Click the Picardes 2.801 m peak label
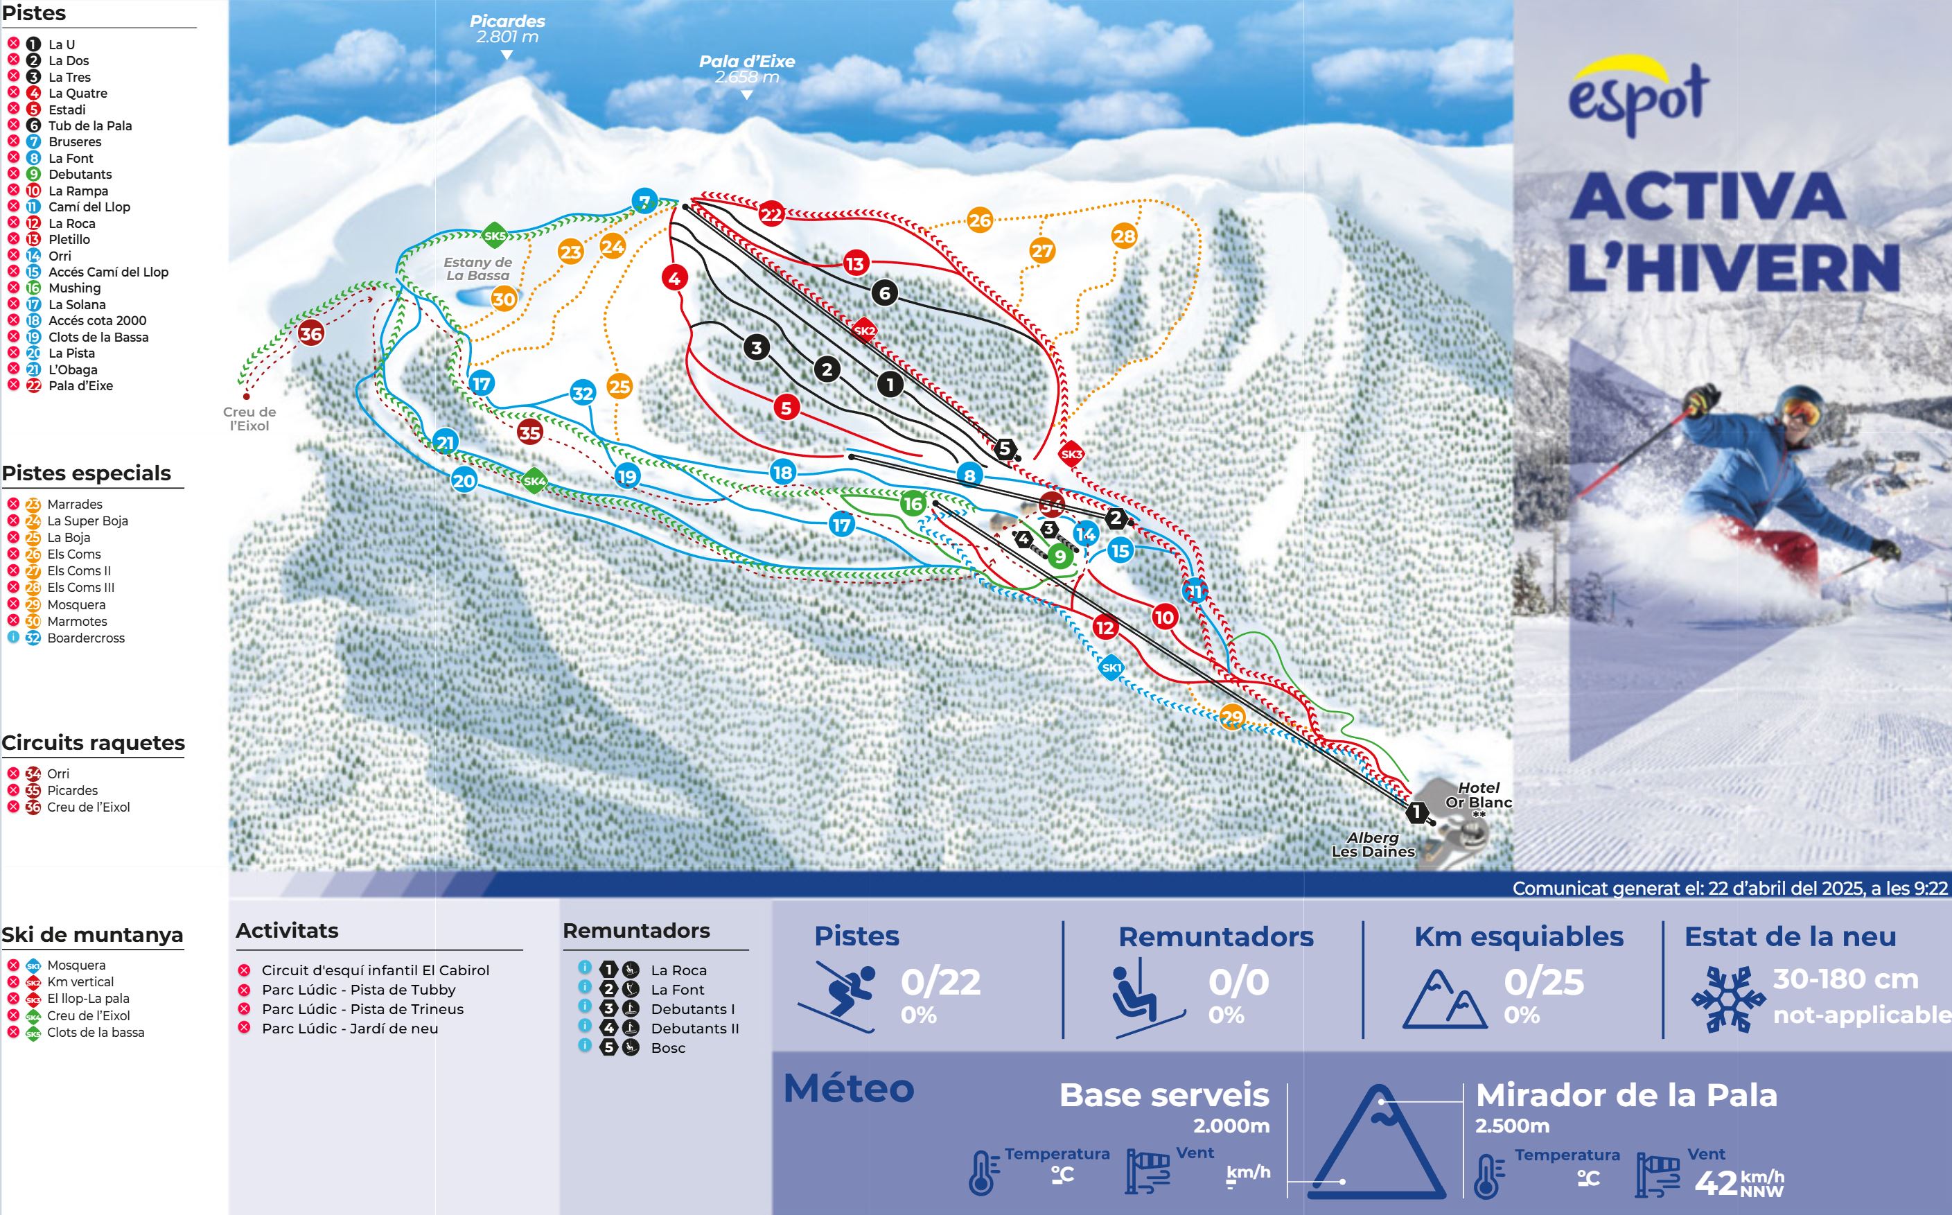pos(507,29)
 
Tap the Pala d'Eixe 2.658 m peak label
pos(746,69)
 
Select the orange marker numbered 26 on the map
pos(979,220)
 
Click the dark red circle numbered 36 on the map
pos(311,333)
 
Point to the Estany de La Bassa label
pos(477,268)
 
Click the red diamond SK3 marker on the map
pos(1071,454)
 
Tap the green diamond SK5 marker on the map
pos(495,236)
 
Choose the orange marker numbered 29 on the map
pos(1231,717)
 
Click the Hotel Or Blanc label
pos(1478,795)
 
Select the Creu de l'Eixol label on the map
pos(249,419)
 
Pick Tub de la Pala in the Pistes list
pos(89,125)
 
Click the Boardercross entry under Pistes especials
pos(85,638)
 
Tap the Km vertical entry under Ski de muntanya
pos(80,982)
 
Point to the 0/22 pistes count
pos(940,982)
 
